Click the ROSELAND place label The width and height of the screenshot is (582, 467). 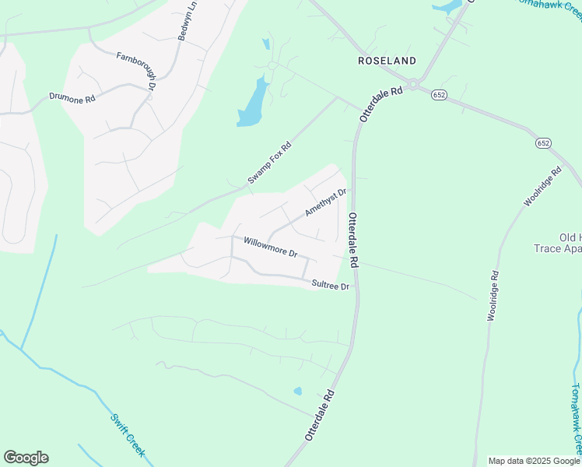387,60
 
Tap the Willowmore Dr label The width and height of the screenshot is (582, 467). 271,247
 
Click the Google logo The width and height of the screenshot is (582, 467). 26,458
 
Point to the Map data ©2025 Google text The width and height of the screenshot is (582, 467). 534,461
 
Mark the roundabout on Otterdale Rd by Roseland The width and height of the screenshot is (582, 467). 414,83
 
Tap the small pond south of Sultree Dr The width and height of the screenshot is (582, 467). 297,391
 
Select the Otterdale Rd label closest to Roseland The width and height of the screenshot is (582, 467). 381,103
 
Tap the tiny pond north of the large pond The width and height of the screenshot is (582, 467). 266,44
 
